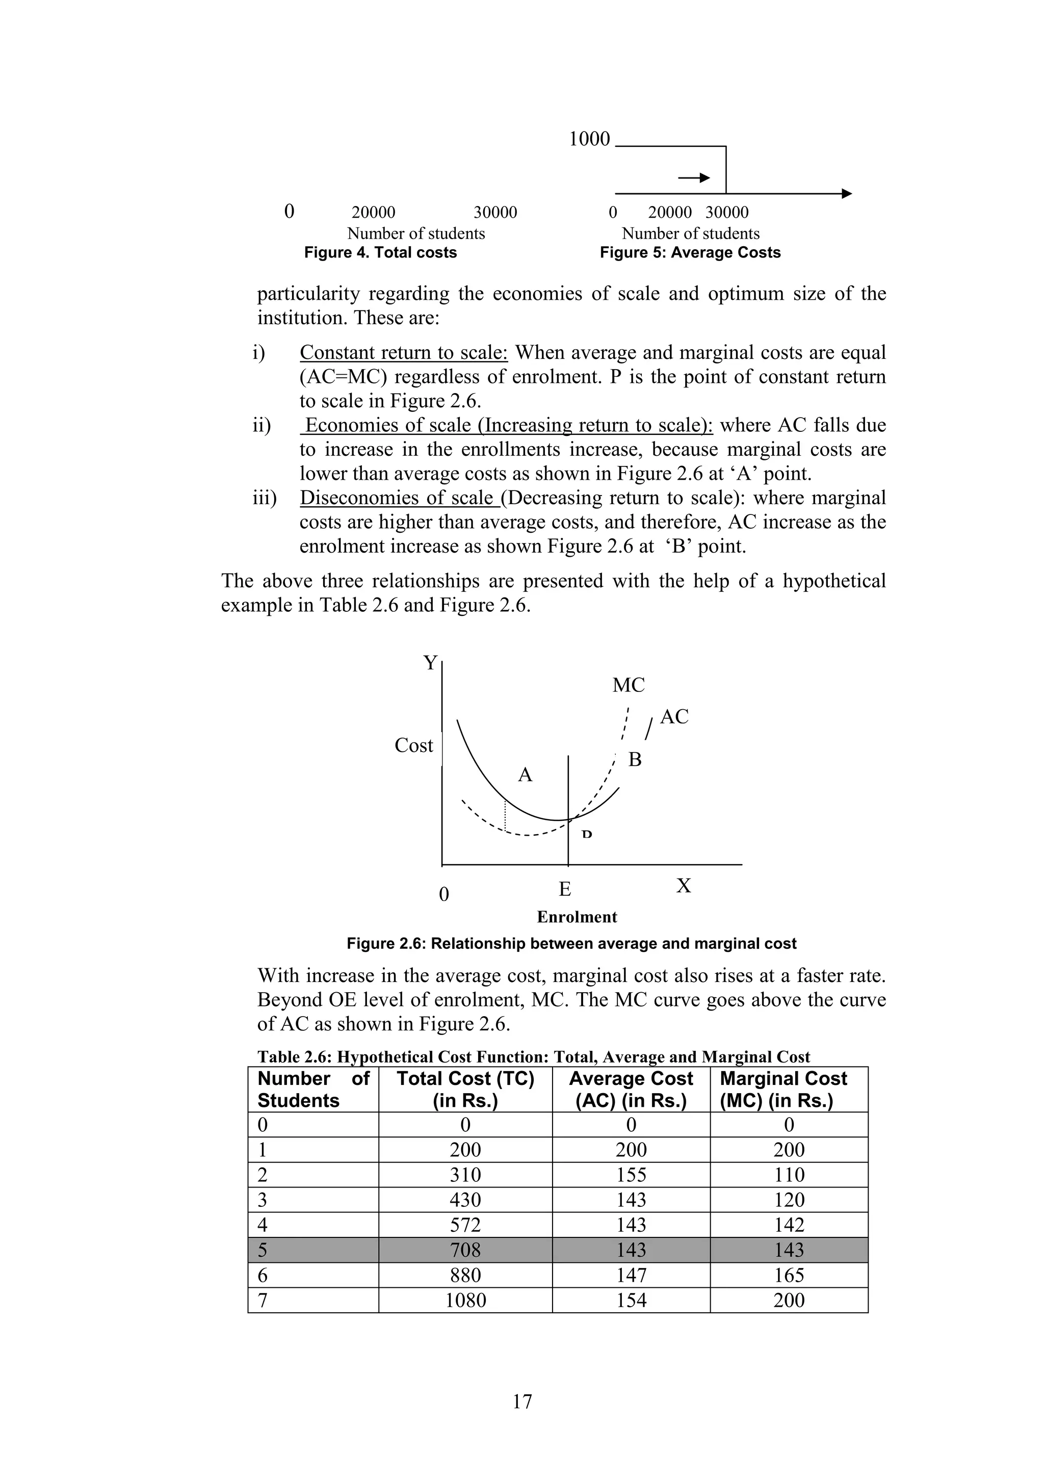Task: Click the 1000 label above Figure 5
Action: click(x=589, y=139)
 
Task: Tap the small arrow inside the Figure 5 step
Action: click(x=694, y=177)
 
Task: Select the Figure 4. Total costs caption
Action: click(x=380, y=253)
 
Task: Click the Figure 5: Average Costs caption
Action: click(x=690, y=253)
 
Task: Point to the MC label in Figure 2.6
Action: click(x=628, y=686)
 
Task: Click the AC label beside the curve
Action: click(x=673, y=717)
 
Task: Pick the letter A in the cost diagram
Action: click(x=525, y=775)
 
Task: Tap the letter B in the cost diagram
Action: click(x=634, y=760)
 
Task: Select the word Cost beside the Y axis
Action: click(x=413, y=745)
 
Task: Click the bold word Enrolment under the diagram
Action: click(x=577, y=917)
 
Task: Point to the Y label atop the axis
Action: click(x=430, y=663)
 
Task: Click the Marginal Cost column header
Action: click(x=783, y=1089)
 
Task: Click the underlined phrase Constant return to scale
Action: click(x=403, y=352)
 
